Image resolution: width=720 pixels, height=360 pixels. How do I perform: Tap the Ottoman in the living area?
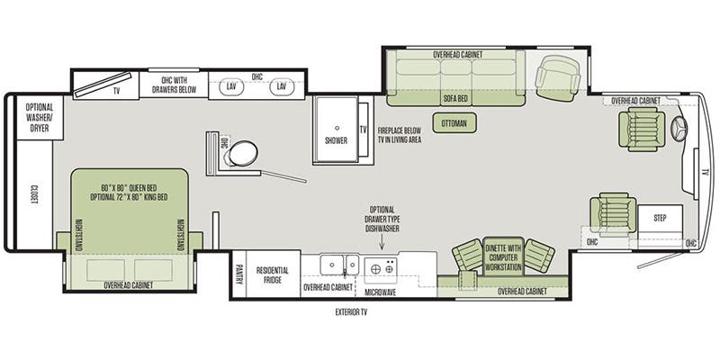click(454, 123)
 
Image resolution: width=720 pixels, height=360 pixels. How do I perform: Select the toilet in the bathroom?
click(242, 153)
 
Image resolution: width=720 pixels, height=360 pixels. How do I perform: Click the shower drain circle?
click(337, 128)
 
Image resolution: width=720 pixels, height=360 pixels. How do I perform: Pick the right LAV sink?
click(282, 86)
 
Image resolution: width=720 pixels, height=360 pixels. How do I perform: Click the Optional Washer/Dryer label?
click(40, 118)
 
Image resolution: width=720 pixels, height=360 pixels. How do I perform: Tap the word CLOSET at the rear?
click(34, 195)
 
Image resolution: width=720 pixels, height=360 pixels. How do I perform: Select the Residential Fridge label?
click(273, 274)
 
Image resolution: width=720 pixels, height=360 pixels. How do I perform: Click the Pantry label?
click(238, 274)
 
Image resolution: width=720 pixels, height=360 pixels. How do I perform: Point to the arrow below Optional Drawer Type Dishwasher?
click(382, 241)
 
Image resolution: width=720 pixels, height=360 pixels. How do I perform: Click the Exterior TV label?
click(351, 312)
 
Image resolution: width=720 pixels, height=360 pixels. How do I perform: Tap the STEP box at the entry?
click(660, 219)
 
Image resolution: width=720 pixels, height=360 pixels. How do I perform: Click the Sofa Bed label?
click(455, 98)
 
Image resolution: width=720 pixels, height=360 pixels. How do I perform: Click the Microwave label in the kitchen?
click(380, 292)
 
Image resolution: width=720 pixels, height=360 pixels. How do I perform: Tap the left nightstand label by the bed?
click(79, 234)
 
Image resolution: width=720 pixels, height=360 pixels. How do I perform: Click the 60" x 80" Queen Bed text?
click(130, 188)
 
